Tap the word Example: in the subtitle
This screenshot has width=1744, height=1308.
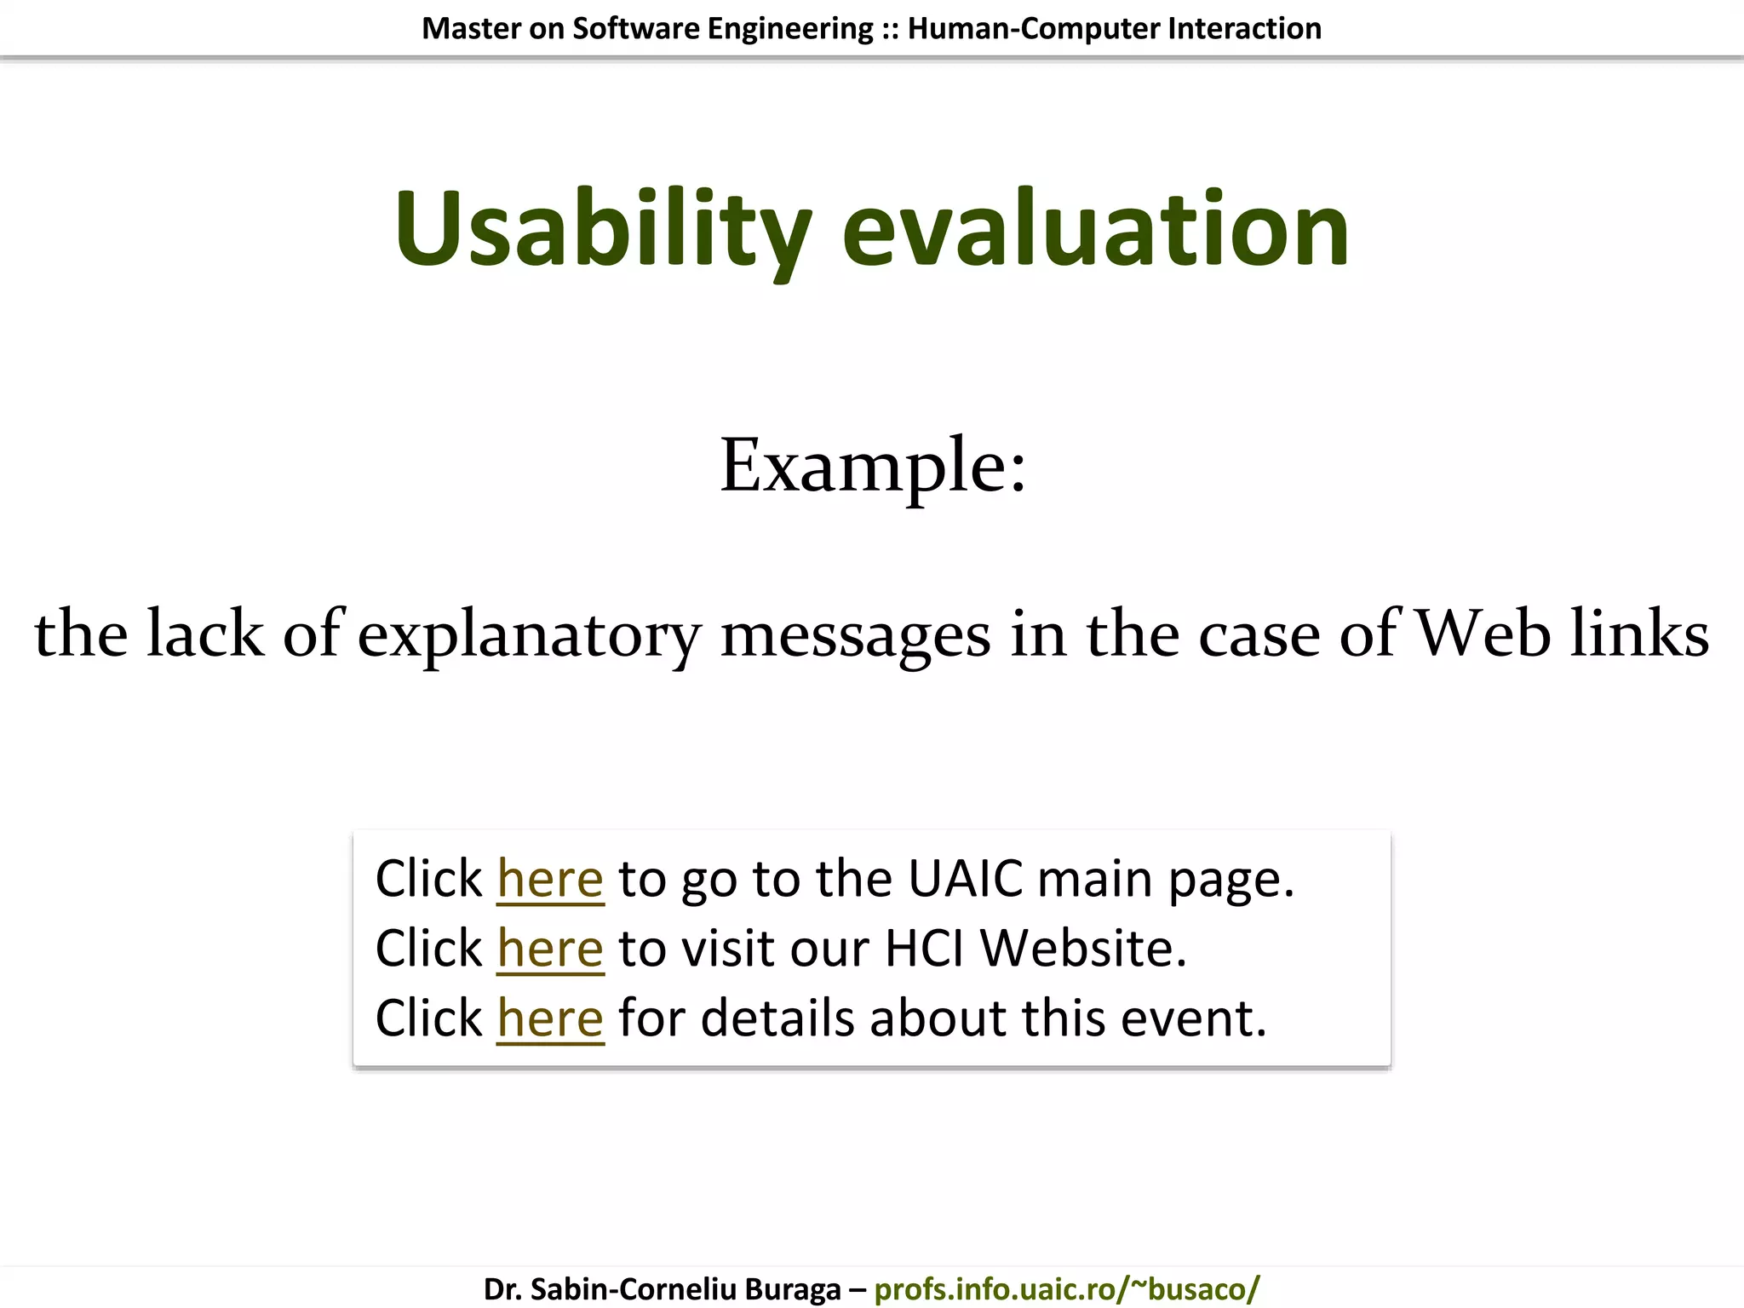(x=873, y=466)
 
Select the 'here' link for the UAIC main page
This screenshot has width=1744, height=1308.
(x=550, y=879)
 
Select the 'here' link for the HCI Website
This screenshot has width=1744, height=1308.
(x=550, y=949)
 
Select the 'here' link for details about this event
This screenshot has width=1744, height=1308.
(x=550, y=1018)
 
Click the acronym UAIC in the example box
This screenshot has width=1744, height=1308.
(x=965, y=879)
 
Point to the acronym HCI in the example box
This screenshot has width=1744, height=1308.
(x=924, y=949)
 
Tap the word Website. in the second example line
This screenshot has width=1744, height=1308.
(x=1083, y=949)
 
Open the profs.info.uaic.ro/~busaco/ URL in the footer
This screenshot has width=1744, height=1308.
(x=1066, y=1289)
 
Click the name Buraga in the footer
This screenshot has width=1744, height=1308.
(x=793, y=1289)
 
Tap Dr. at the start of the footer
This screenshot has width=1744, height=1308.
(x=502, y=1289)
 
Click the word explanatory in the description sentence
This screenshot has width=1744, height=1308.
(x=529, y=635)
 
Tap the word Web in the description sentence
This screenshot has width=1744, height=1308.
(x=1483, y=634)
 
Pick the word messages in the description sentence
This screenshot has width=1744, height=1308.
(x=856, y=635)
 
